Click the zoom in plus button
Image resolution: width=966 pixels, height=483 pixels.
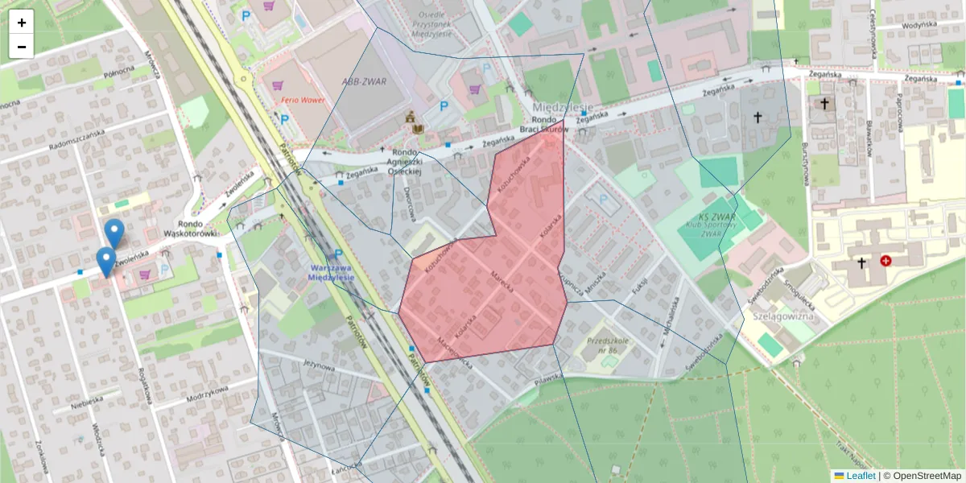(x=22, y=23)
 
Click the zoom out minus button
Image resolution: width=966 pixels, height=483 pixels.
(x=22, y=47)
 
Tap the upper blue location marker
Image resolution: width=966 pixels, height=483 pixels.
(x=114, y=233)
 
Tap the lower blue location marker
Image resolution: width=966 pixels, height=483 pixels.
(x=105, y=261)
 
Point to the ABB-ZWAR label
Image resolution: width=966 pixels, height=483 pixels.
(x=360, y=81)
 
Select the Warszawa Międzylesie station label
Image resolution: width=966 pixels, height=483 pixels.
(x=332, y=271)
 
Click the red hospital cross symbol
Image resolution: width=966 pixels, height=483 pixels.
(x=886, y=261)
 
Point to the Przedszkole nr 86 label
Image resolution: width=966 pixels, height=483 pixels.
(x=607, y=345)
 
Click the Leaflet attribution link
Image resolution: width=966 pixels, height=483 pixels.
(x=861, y=476)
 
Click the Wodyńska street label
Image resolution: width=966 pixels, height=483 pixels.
(x=919, y=25)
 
